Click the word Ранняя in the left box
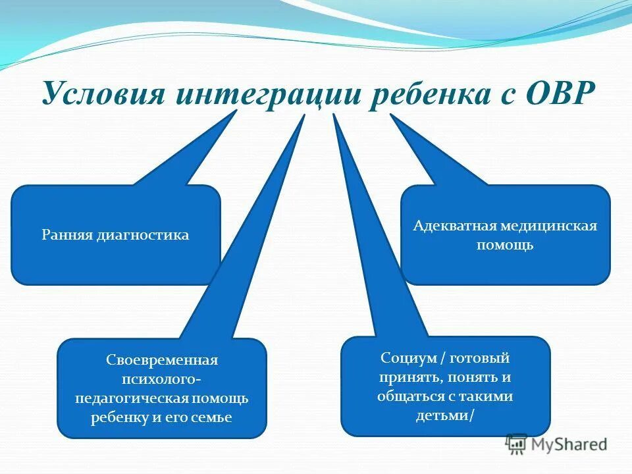click(65, 235)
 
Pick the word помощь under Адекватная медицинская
click(506, 246)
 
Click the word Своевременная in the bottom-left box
click(162, 361)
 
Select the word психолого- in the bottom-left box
click(162, 380)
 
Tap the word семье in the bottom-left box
click(215, 418)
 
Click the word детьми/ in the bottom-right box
click(445, 416)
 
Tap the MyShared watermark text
click(569, 444)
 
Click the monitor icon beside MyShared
click(516, 444)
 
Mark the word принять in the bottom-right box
click(408, 378)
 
